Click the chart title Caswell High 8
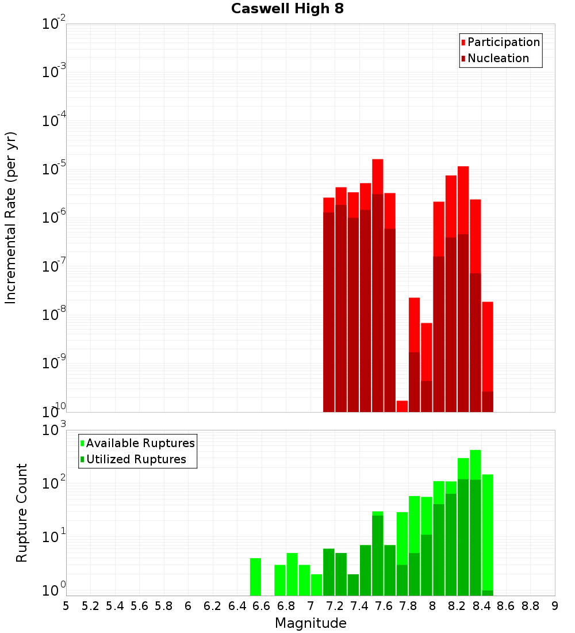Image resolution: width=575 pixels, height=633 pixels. pos(287,9)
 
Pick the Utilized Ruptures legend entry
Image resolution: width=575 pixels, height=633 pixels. pos(136,460)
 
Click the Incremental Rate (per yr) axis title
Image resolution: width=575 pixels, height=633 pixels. pos(11,218)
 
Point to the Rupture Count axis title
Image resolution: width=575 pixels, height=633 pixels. pos(22,513)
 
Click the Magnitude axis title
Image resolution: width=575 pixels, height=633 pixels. pos(310,623)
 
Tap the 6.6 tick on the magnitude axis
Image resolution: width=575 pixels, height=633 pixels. pos(262,606)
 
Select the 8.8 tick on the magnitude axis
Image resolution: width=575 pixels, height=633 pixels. pos(530,606)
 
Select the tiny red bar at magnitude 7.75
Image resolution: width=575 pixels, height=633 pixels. pos(402,406)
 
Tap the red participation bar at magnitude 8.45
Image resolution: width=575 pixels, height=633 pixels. pos(488,345)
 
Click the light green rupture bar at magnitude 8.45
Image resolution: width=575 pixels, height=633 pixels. pos(488,529)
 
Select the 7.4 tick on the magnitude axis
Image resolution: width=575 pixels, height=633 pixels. pos(359,606)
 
